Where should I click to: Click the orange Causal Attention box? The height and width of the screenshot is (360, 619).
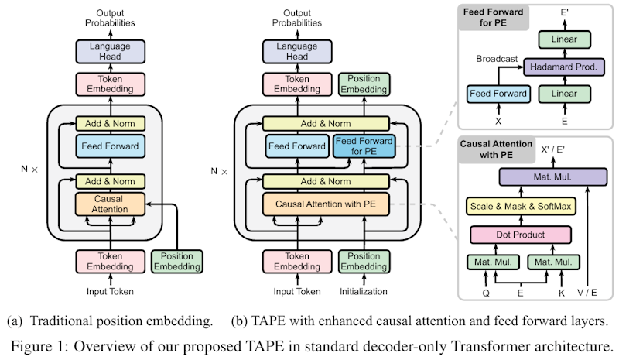(111, 204)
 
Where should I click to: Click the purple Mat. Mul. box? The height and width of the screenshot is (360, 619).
(552, 177)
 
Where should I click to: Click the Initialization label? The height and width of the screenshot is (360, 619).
(364, 292)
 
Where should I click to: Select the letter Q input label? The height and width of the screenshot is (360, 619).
(486, 293)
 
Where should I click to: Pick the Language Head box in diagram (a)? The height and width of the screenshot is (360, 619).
(110, 50)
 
